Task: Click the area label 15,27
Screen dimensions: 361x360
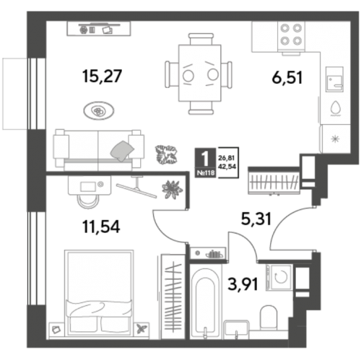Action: tap(103, 76)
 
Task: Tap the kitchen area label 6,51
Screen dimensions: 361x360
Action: tap(287, 78)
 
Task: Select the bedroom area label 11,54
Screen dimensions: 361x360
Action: tap(101, 227)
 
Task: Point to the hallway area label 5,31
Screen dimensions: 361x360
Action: tap(256, 219)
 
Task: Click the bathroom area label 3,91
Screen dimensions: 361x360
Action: tap(243, 284)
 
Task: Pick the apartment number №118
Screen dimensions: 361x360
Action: tap(205, 173)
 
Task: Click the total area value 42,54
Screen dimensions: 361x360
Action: tap(227, 167)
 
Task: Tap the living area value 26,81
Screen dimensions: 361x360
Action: tap(227, 158)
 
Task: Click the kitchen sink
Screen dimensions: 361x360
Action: tap(334, 79)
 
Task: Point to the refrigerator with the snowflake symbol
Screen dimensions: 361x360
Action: tap(335, 139)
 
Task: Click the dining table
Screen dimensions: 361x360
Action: tap(200, 73)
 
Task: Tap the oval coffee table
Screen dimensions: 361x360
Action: tap(99, 110)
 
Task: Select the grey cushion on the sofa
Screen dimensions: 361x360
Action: tap(122, 151)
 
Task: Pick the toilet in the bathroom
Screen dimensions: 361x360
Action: tap(269, 317)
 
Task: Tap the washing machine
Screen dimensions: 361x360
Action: tap(279, 276)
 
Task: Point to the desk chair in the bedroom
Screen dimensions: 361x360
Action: tap(88, 201)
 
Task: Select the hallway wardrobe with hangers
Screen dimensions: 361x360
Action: tap(274, 181)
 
